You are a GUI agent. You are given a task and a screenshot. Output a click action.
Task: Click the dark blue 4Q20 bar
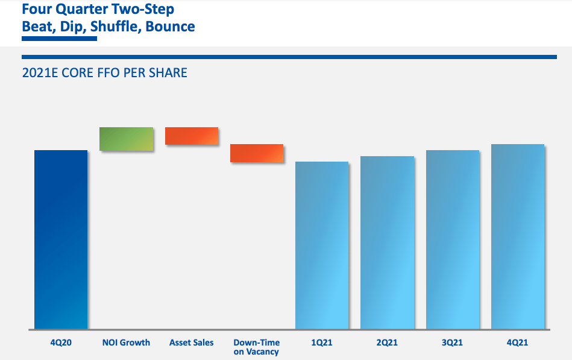point(61,239)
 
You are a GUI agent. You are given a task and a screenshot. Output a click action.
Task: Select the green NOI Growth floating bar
point(126,139)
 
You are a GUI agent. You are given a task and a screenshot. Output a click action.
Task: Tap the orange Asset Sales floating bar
point(191,136)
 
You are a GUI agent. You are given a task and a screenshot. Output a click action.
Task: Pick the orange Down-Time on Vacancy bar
point(257,153)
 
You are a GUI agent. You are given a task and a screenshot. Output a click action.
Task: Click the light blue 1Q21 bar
point(322,245)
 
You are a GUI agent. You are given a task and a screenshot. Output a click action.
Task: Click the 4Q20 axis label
point(61,343)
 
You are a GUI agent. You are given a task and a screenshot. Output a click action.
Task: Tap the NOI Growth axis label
point(126,343)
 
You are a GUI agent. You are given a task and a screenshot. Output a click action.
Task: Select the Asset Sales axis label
point(191,343)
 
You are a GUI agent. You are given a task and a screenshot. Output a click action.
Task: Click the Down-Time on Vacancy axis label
point(257,347)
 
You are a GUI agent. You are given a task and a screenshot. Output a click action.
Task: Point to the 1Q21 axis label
point(322,343)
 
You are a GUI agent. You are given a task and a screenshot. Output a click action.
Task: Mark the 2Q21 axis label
point(387,343)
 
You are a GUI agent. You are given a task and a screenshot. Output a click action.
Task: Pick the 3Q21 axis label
point(453,343)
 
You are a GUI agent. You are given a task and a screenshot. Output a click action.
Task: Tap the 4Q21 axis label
point(518,343)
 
